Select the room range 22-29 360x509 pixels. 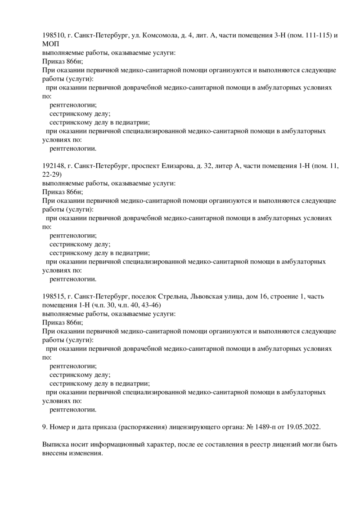(52, 175)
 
